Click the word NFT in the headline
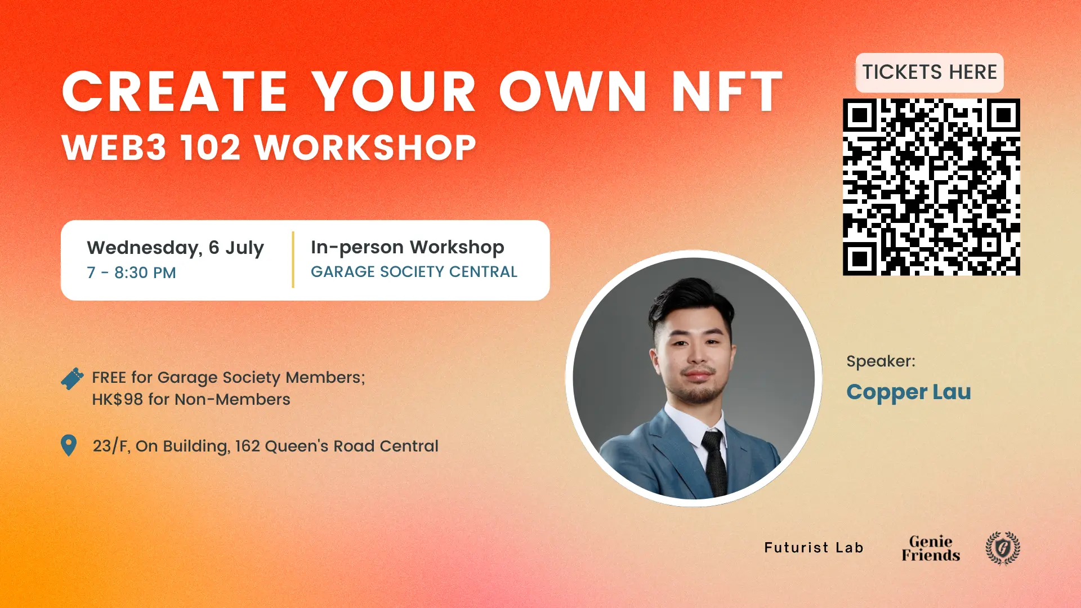click(x=727, y=92)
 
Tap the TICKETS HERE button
click(x=930, y=73)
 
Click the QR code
click(x=931, y=187)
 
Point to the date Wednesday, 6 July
click(x=175, y=248)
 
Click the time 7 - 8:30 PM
click(x=131, y=272)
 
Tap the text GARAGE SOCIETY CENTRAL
click(x=414, y=272)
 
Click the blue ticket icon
click(x=72, y=379)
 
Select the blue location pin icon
click(x=69, y=445)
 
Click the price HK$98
click(x=117, y=399)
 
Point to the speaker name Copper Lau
click(x=909, y=392)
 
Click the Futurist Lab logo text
click(x=814, y=548)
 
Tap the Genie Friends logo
click(x=931, y=548)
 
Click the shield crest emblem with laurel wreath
click(x=1003, y=548)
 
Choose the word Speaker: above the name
click(x=881, y=361)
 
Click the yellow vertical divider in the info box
click(x=293, y=260)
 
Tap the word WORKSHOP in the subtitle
click(x=365, y=147)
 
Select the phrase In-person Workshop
click(x=408, y=247)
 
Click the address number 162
click(x=247, y=446)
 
